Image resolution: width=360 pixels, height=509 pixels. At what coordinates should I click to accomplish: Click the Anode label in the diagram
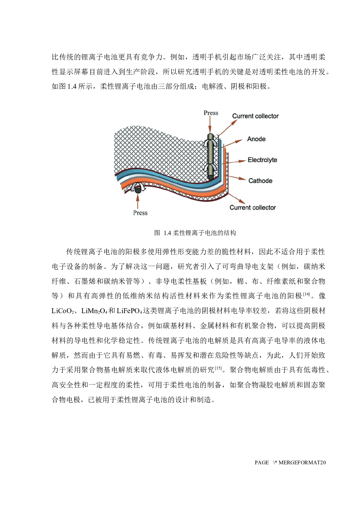pyautogui.click(x=256, y=139)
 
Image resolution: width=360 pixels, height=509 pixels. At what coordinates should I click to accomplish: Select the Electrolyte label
pyautogui.click(x=262, y=160)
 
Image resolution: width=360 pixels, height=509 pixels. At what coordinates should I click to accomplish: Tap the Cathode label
pyautogui.click(x=260, y=181)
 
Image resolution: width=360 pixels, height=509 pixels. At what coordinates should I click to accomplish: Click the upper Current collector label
pyautogui.click(x=255, y=116)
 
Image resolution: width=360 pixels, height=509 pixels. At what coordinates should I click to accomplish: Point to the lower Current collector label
pyautogui.click(x=253, y=207)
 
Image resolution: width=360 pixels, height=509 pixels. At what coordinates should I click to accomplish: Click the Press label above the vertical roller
pyautogui.click(x=211, y=113)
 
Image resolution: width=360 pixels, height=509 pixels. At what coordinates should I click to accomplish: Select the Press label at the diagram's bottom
pyautogui.click(x=141, y=213)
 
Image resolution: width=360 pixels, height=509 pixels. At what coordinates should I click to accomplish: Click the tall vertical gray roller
pyautogui.click(x=211, y=156)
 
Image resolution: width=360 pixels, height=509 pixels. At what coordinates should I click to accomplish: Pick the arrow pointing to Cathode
pyautogui.click(x=237, y=178)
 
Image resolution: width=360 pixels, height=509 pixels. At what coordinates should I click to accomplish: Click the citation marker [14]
pyautogui.click(x=307, y=294)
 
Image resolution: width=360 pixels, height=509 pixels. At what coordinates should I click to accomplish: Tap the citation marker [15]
pyautogui.click(x=218, y=368)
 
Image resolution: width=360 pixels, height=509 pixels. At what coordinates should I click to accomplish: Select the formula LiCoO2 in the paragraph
pyautogui.click(x=63, y=311)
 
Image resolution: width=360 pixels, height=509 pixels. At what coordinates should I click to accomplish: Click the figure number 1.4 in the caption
pyautogui.click(x=168, y=233)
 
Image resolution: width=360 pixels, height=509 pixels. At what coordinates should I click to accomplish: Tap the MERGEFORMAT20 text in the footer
pyautogui.click(x=302, y=463)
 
